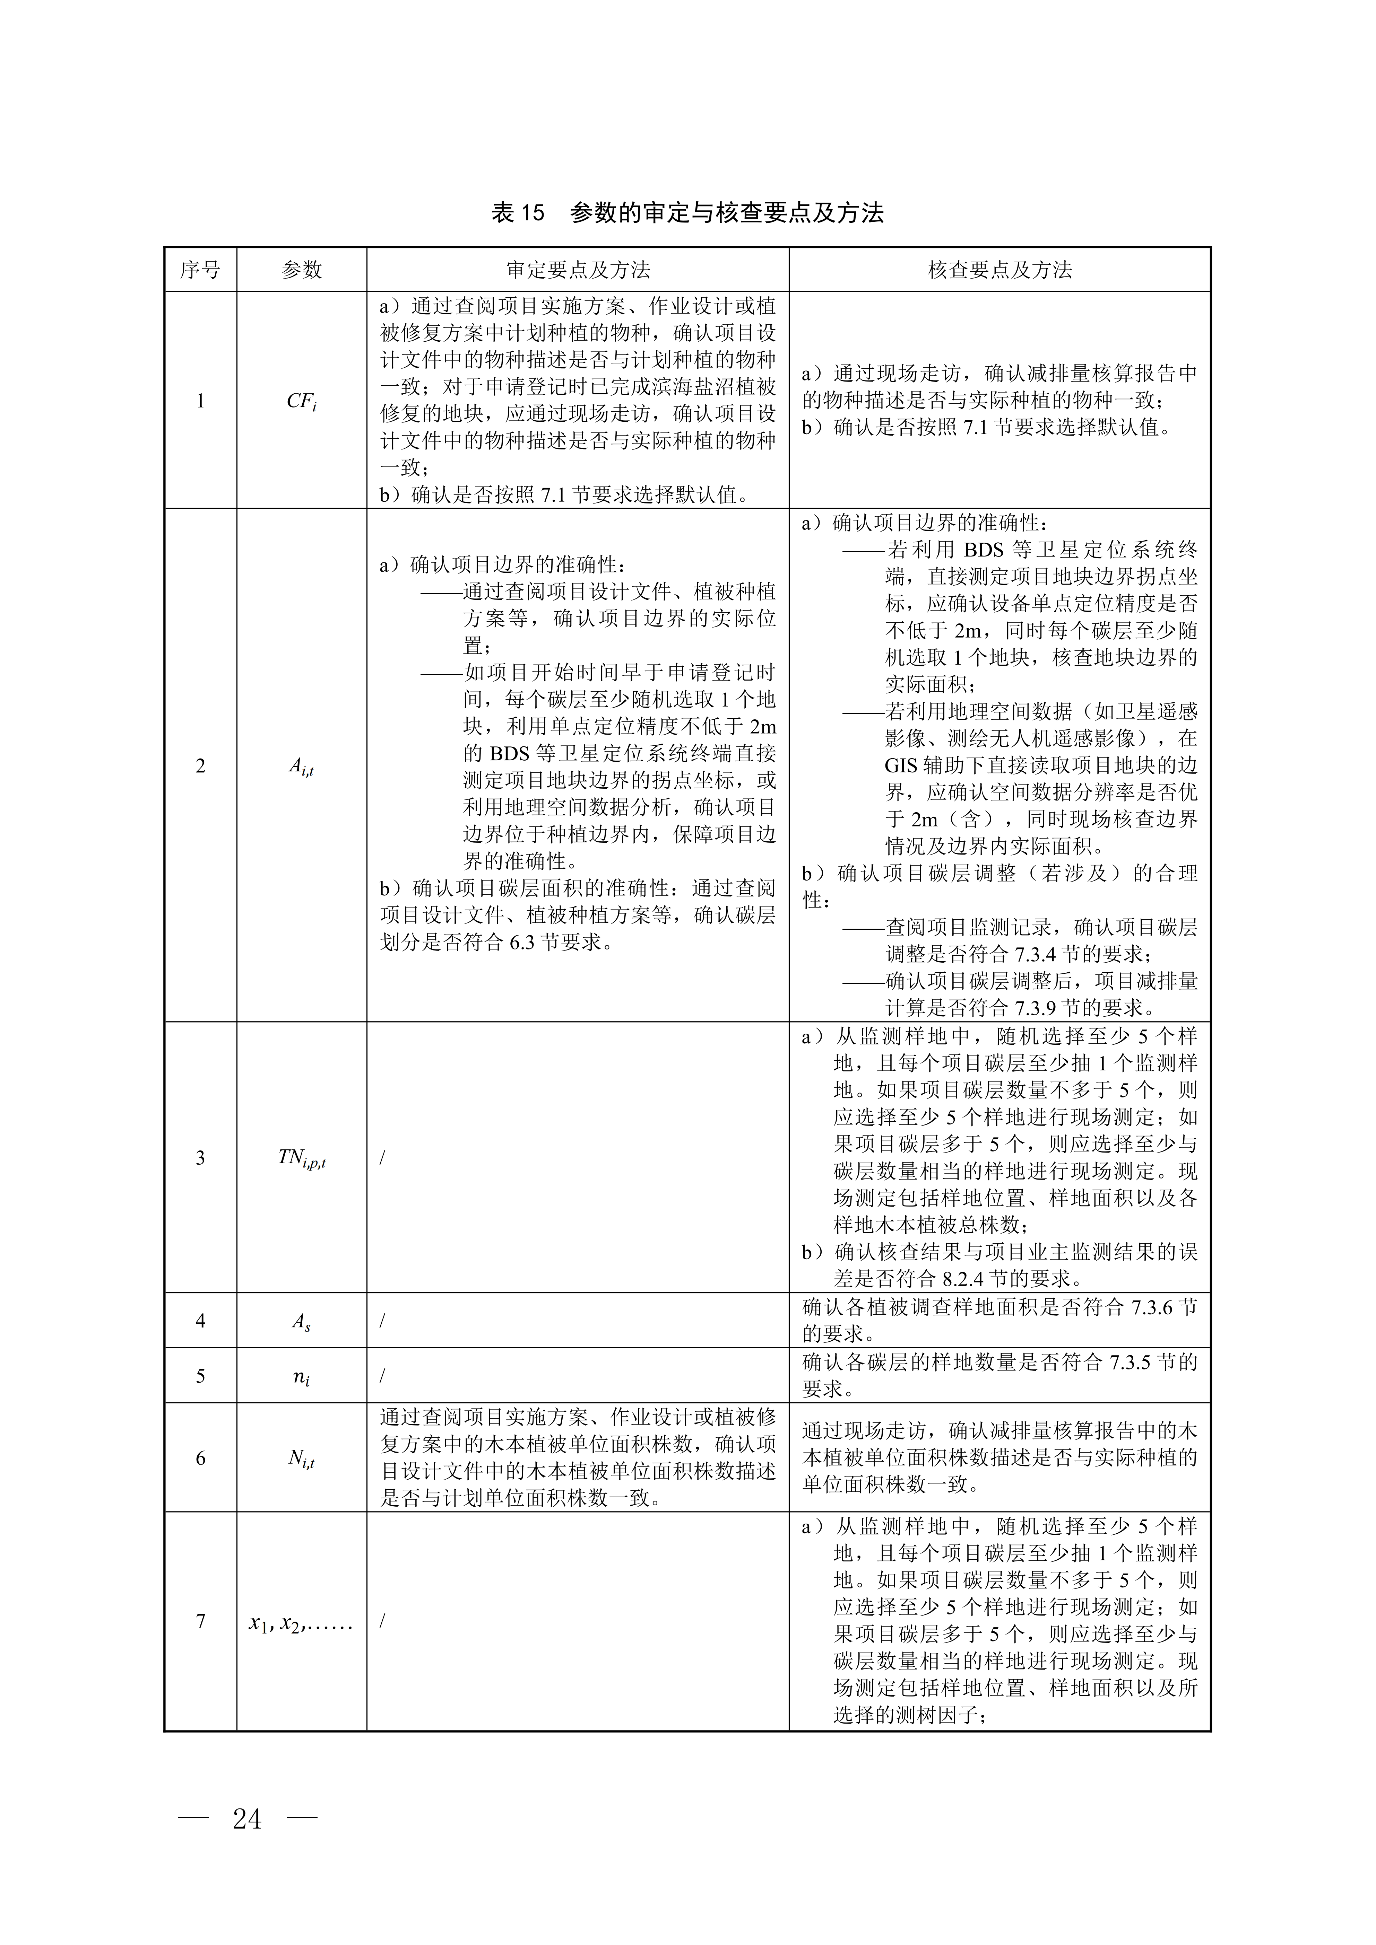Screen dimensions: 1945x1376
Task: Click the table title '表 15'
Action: [x=518, y=213]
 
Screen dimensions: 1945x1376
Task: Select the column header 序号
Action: [x=200, y=270]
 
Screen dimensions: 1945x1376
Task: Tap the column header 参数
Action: [x=302, y=270]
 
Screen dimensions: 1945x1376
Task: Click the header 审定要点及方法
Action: [x=578, y=270]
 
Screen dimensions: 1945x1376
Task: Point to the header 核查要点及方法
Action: [x=1000, y=270]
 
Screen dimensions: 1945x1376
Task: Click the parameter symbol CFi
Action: [x=302, y=402]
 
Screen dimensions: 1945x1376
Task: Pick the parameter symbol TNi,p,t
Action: [x=302, y=1158]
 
